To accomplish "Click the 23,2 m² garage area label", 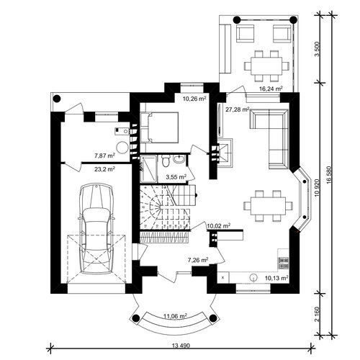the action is (104, 169).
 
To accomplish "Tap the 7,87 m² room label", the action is (104, 156).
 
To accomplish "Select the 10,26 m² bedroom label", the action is (194, 99).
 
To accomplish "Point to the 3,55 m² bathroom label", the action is (176, 177).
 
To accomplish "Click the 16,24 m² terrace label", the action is (271, 89).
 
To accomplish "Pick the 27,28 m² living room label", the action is (238, 109).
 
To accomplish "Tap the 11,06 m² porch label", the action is (175, 316).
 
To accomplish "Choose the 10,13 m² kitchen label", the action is (276, 278).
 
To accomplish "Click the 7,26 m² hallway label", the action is (198, 260).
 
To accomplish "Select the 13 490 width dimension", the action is (181, 346).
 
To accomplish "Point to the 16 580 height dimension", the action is (329, 175).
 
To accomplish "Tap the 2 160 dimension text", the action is (318, 314).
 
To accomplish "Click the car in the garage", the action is (96, 228).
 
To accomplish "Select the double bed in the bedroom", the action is (160, 127).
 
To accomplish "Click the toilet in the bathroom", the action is (165, 161).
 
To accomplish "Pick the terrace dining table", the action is (266, 66).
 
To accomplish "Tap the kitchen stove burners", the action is (284, 263).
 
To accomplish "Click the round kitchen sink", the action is (253, 277).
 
